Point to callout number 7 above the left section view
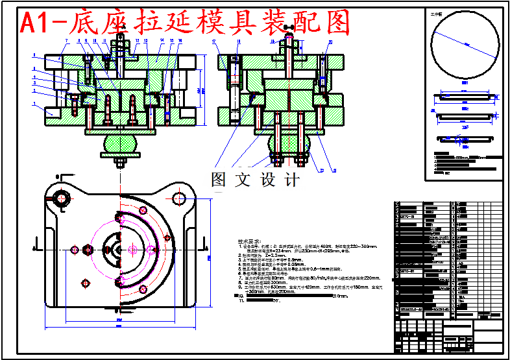click(x=66, y=41)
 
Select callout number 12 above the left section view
click(x=138, y=40)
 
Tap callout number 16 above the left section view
click(x=180, y=40)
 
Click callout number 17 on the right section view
click(x=213, y=41)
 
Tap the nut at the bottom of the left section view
click(x=119, y=162)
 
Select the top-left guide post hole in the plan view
click(x=62, y=198)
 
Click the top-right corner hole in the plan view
click(x=178, y=198)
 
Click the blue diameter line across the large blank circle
click(x=464, y=43)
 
